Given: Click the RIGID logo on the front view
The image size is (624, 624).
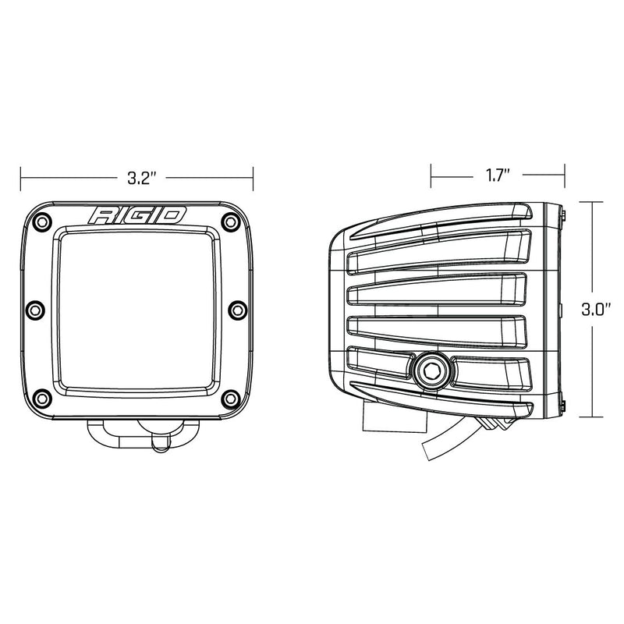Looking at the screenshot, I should [137, 215].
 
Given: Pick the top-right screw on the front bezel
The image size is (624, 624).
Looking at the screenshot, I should [229, 221].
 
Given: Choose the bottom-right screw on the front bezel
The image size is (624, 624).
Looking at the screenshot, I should [229, 399].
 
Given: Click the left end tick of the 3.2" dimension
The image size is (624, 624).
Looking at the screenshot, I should [21, 177].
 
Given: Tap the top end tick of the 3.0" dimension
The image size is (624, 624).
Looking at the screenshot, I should [593, 200].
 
